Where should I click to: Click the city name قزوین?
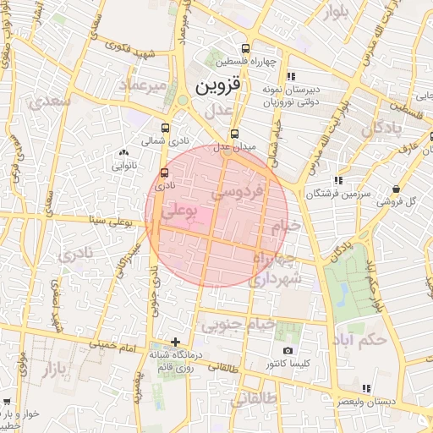pyautogui.click(x=218, y=86)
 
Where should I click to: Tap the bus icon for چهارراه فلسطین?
pyautogui.click(x=245, y=48)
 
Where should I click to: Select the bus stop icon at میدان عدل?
pyautogui.click(x=234, y=134)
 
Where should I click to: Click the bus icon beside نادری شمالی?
pyautogui.click(x=164, y=130)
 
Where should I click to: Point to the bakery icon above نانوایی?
pyautogui.click(x=124, y=153)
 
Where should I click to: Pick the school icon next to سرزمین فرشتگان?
pyautogui.click(x=338, y=180)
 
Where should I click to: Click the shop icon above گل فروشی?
pyautogui.click(x=396, y=189)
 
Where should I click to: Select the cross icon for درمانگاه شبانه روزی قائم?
pyautogui.click(x=175, y=343)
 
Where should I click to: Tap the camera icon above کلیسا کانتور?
pyautogui.click(x=288, y=350)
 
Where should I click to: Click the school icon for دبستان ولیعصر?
pyautogui.click(x=366, y=388)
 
